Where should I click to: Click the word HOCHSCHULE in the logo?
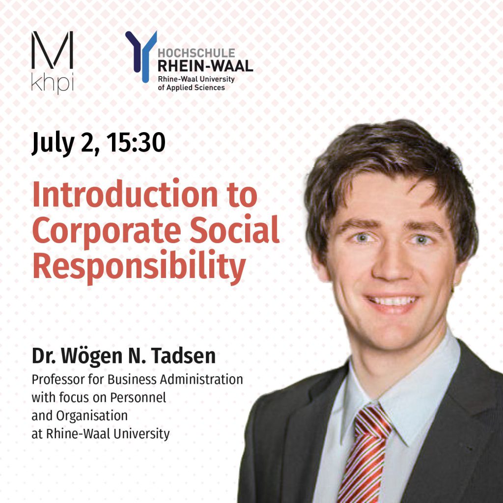(196, 53)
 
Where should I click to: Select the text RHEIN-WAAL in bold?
(205, 66)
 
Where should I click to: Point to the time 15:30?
(136, 142)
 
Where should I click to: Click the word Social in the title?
(234, 229)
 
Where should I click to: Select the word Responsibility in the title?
(139, 266)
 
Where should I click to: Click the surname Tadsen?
(183, 356)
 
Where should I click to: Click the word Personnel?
(138, 398)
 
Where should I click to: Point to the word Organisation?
(92, 417)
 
